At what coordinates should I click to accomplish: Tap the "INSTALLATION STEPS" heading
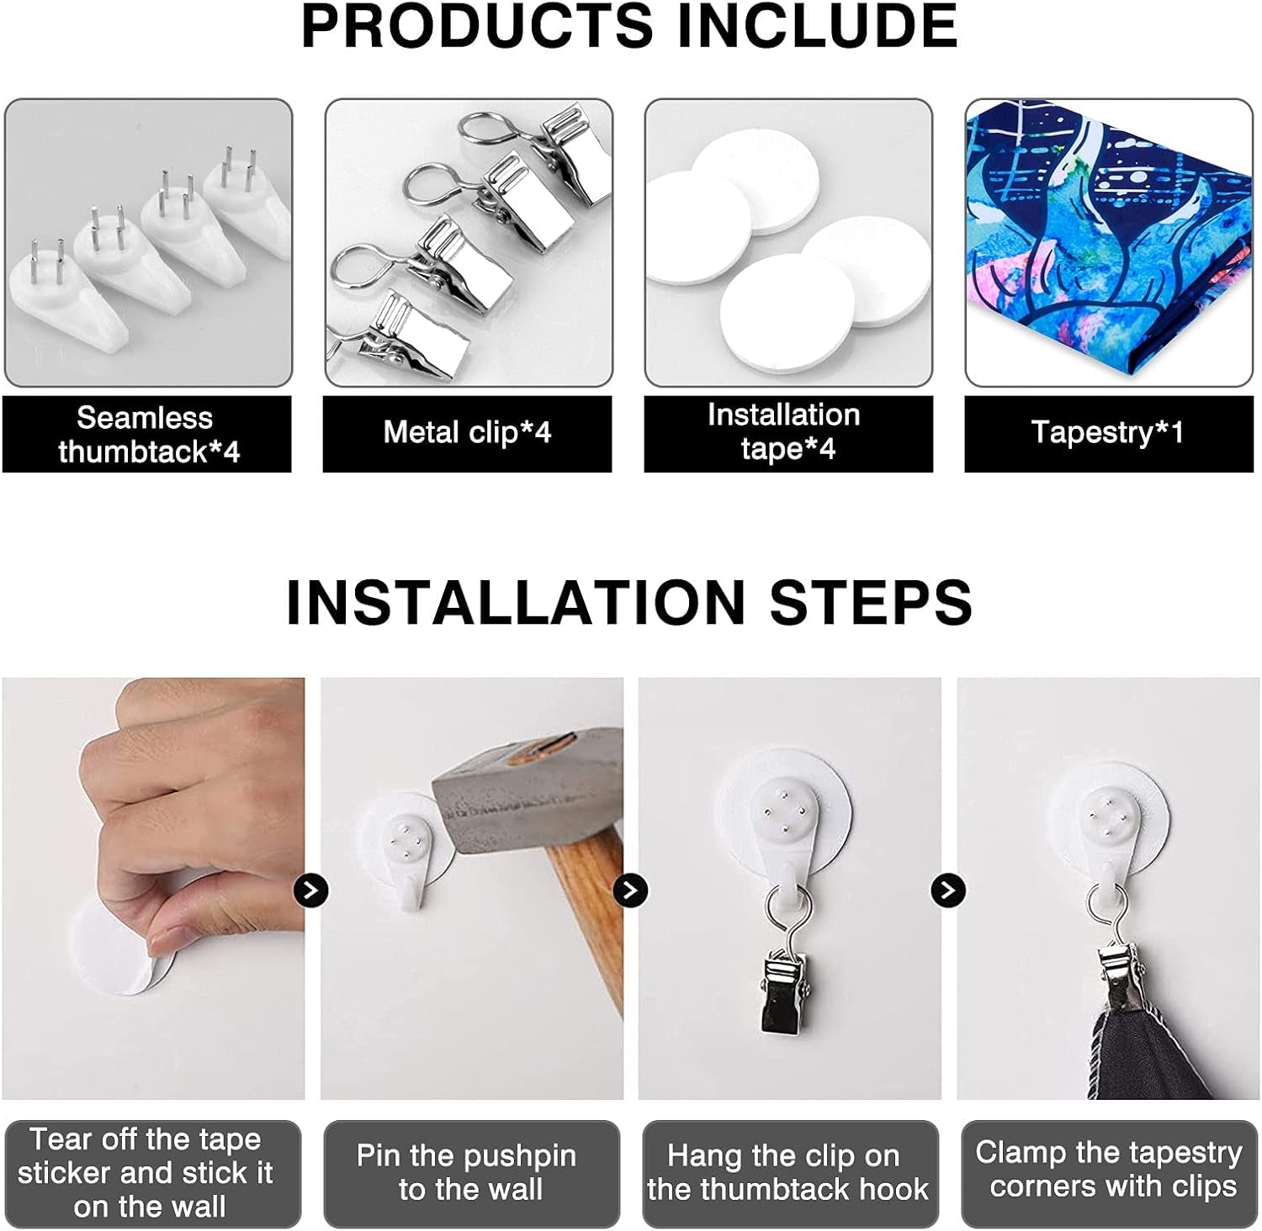629,601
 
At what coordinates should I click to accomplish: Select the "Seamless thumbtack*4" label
147,434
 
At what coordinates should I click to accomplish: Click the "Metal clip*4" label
467,432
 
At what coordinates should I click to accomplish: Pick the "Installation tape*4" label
785,431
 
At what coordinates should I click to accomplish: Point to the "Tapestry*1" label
1107,432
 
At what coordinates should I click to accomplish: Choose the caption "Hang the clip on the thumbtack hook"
787,1172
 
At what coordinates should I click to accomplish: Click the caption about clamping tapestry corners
1109,1169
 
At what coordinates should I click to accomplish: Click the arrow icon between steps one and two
311,890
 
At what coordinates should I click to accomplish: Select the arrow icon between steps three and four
948,890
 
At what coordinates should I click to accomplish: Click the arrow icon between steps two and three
630,890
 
